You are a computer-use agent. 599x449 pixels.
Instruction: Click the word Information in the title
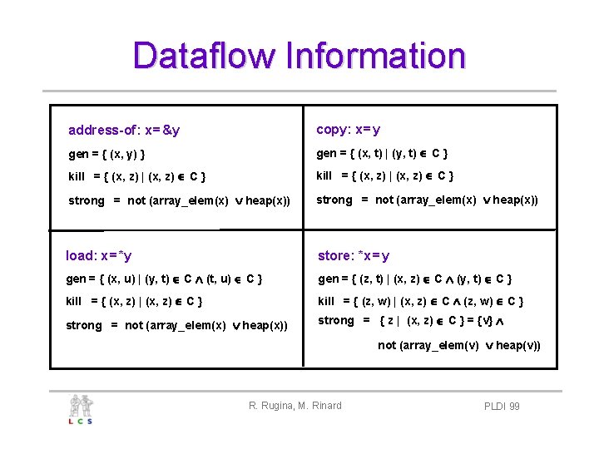374,56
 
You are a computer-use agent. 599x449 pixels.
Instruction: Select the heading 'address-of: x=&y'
124,131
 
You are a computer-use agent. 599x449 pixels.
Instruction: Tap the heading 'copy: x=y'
349,130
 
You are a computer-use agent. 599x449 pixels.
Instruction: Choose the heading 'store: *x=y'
354,256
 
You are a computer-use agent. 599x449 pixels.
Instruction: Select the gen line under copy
383,153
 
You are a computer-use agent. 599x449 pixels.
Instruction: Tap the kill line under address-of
137,176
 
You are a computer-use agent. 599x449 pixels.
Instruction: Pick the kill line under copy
385,175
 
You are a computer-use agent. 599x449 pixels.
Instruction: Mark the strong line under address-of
179,200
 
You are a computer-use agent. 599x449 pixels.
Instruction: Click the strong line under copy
427,200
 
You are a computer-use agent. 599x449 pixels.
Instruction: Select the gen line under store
415,279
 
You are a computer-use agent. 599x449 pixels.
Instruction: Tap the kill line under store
421,302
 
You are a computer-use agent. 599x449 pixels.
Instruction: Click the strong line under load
176,325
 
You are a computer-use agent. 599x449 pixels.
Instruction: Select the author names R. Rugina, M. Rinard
295,406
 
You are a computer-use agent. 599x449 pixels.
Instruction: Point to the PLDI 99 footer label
502,406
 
